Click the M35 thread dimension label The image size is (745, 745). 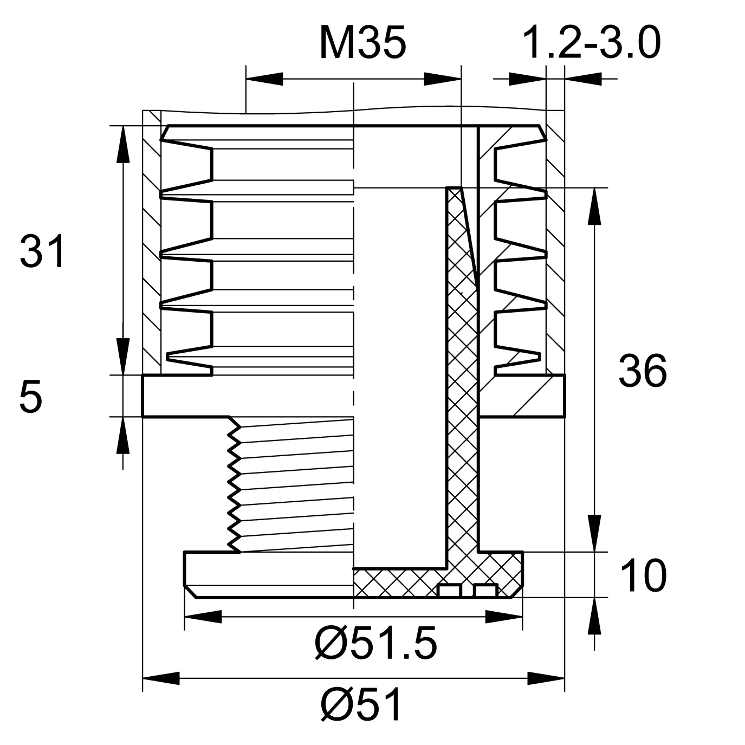362,43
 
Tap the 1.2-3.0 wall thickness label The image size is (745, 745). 592,43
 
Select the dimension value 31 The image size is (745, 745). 42,251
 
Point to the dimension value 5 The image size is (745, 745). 30,397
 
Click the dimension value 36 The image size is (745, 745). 643,371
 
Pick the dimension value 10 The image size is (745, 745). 644,575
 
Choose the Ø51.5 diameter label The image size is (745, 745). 376,644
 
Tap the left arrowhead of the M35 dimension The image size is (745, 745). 264,79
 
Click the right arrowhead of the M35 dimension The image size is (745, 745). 443,79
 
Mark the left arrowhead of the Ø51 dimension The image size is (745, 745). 161,678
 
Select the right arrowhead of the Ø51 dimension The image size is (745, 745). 546,678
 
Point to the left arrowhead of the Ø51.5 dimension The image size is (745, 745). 203,617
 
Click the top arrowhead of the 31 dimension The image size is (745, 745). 123,144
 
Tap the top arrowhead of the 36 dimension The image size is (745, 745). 594,206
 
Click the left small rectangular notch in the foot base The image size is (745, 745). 449,591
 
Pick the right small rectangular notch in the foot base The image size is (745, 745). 485,591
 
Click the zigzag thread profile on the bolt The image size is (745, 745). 234,485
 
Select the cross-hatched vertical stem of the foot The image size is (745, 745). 463,371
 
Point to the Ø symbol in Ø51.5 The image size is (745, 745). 329,644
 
